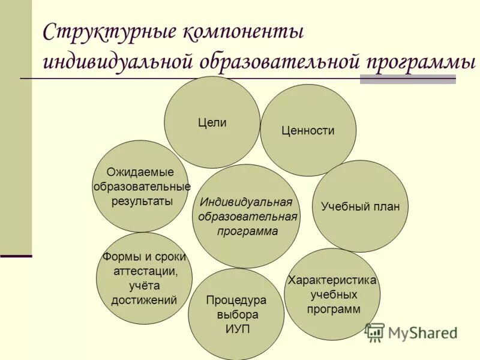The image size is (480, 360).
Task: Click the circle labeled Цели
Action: pyautogui.click(x=212, y=122)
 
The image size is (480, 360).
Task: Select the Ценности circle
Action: pyautogui.click(x=308, y=130)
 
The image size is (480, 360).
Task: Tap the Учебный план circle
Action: pyautogui.click(x=360, y=206)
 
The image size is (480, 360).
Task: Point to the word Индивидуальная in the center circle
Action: pyautogui.click(x=246, y=202)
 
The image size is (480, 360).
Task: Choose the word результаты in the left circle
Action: pyautogui.click(x=142, y=201)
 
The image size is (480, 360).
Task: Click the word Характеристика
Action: pyautogui.click(x=332, y=280)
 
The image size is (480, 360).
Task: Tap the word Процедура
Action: pyautogui.click(x=236, y=300)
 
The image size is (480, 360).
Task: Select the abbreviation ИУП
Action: pyautogui.click(x=236, y=329)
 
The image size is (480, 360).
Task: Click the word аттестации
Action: pyautogui.click(x=145, y=271)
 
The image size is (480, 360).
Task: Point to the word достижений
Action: pyautogui.click(x=144, y=300)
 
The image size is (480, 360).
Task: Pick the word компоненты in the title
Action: pyautogui.click(x=247, y=32)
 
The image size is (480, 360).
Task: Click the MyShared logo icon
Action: pyautogui.click(x=374, y=332)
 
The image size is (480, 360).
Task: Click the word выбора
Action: pyautogui.click(x=236, y=314)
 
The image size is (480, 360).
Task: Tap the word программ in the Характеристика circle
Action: pyautogui.click(x=334, y=310)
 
